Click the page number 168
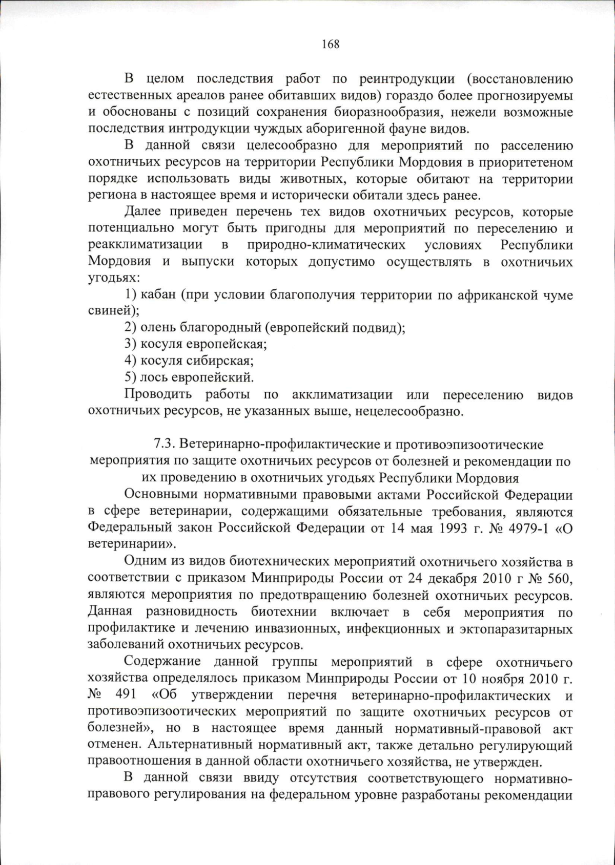[x=331, y=45]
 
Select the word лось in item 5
[x=154, y=378]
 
